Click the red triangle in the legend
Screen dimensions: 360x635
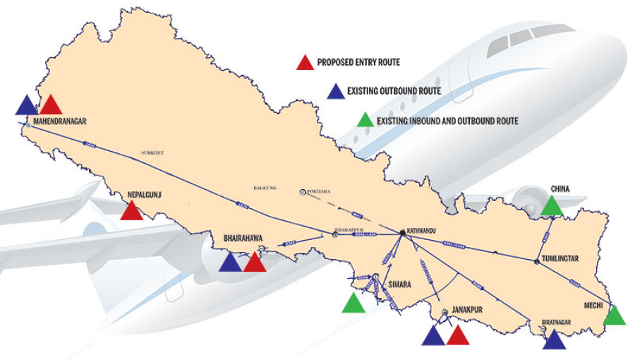(x=304, y=64)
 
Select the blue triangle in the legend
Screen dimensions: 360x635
(x=336, y=92)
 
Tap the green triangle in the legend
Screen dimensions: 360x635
(x=365, y=121)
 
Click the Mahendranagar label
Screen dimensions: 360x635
(x=59, y=121)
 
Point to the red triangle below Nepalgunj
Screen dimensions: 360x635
(x=131, y=211)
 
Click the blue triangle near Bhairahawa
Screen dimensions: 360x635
(x=230, y=263)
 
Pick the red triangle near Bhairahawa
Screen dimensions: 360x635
(x=255, y=263)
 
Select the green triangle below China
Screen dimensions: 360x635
(x=552, y=206)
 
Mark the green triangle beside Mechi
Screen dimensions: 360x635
(x=615, y=316)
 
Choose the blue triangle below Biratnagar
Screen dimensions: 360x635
(x=554, y=340)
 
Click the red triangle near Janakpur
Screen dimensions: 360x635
(x=458, y=336)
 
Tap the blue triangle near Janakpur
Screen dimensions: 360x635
(x=433, y=336)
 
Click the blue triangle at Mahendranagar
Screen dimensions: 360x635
(x=26, y=105)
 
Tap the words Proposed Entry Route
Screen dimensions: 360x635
(x=358, y=63)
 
